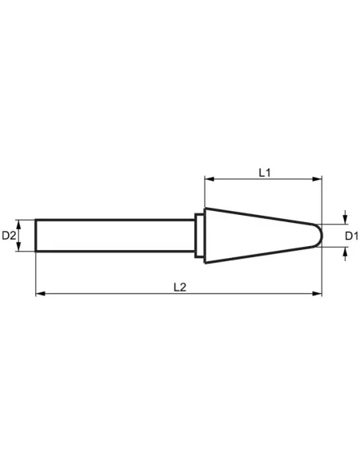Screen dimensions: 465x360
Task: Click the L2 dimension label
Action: click(179, 287)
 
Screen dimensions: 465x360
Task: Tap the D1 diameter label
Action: click(350, 236)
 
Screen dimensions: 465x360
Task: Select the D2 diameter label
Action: click(10, 236)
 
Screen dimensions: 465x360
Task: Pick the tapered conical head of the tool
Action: click(255, 236)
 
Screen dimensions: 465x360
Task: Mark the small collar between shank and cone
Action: click(199, 236)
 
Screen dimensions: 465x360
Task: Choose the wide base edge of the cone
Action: click(205, 236)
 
